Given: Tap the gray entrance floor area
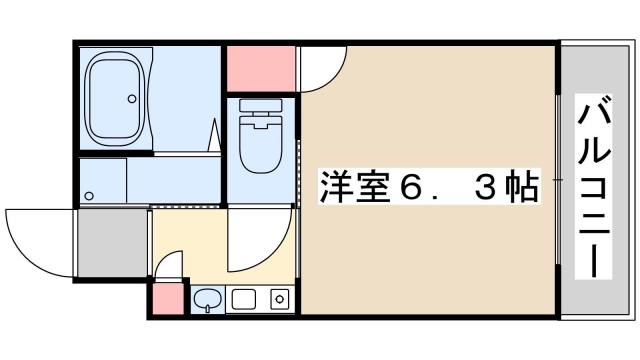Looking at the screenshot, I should [x=113, y=243].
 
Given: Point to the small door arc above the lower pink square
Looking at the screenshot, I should [x=170, y=267].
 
